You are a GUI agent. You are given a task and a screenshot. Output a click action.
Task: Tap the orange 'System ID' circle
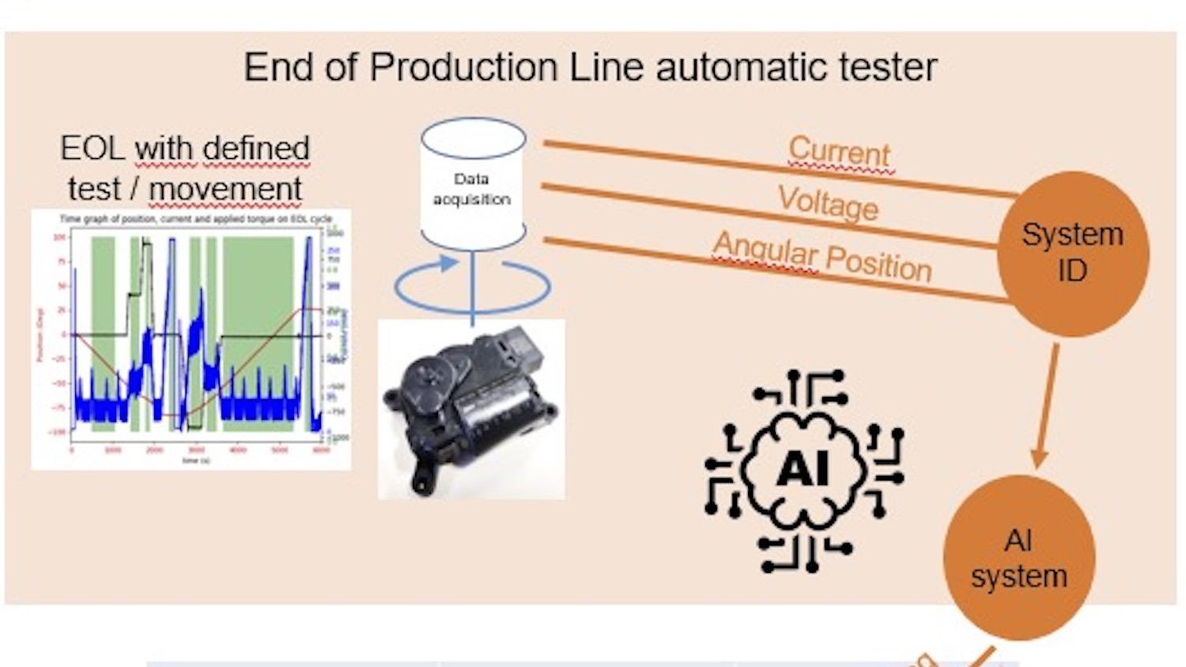click(x=1072, y=253)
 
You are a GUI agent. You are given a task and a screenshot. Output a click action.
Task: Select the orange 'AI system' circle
click(x=1018, y=557)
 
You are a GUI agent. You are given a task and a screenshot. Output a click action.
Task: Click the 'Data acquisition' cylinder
click(x=473, y=184)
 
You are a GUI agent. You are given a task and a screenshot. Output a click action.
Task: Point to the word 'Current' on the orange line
click(x=839, y=152)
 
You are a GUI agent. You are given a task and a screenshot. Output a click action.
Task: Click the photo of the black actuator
click(x=471, y=409)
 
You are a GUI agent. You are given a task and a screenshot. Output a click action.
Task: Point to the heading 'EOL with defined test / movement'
click(x=184, y=169)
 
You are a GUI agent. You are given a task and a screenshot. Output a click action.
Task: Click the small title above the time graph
click(x=189, y=219)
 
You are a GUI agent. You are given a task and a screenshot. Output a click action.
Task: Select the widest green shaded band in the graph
click(x=258, y=333)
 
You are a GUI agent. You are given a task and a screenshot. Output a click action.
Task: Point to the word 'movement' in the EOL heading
click(x=225, y=189)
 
